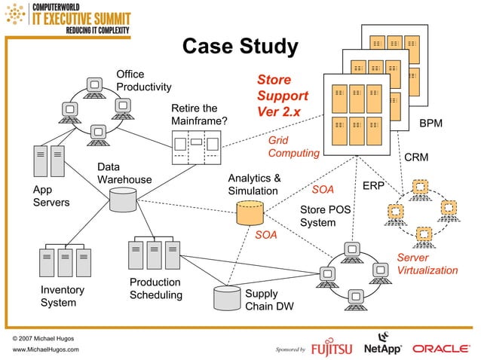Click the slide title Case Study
click(240, 47)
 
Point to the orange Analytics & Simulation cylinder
click(250, 214)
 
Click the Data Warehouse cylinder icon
click(123, 200)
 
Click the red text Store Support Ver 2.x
click(282, 96)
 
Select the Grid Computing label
click(293, 147)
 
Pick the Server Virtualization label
click(427, 264)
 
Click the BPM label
click(431, 123)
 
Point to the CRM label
click(417, 158)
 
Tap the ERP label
click(374, 185)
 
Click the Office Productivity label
click(143, 81)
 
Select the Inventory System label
click(62, 296)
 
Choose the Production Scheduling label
click(155, 288)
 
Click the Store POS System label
click(325, 216)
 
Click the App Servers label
click(51, 197)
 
